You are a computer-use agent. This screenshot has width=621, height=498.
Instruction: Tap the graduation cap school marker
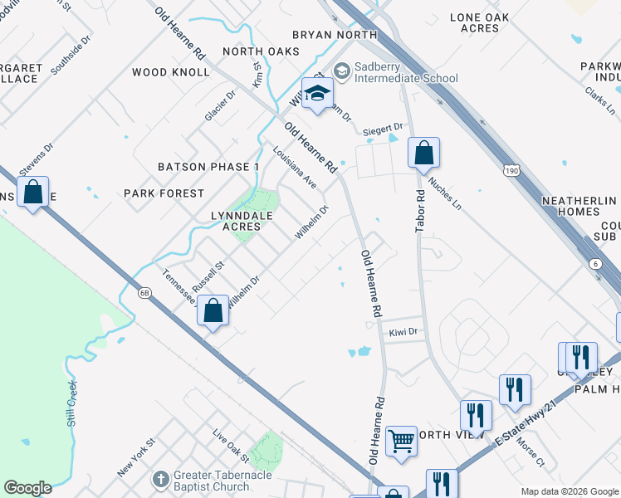pyautogui.click(x=316, y=94)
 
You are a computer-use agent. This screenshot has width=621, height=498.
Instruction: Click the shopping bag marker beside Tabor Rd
pyautogui.click(x=423, y=154)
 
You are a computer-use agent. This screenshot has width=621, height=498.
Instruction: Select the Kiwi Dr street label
pyautogui.click(x=402, y=332)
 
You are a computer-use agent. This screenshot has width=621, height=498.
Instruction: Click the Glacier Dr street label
pyautogui.click(x=221, y=105)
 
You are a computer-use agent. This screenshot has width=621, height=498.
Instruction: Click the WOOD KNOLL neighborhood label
pyautogui.click(x=171, y=72)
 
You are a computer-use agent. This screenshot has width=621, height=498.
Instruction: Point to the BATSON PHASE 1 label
pyautogui.click(x=209, y=167)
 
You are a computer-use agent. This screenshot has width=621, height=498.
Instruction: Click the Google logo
pyautogui.click(x=27, y=488)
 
